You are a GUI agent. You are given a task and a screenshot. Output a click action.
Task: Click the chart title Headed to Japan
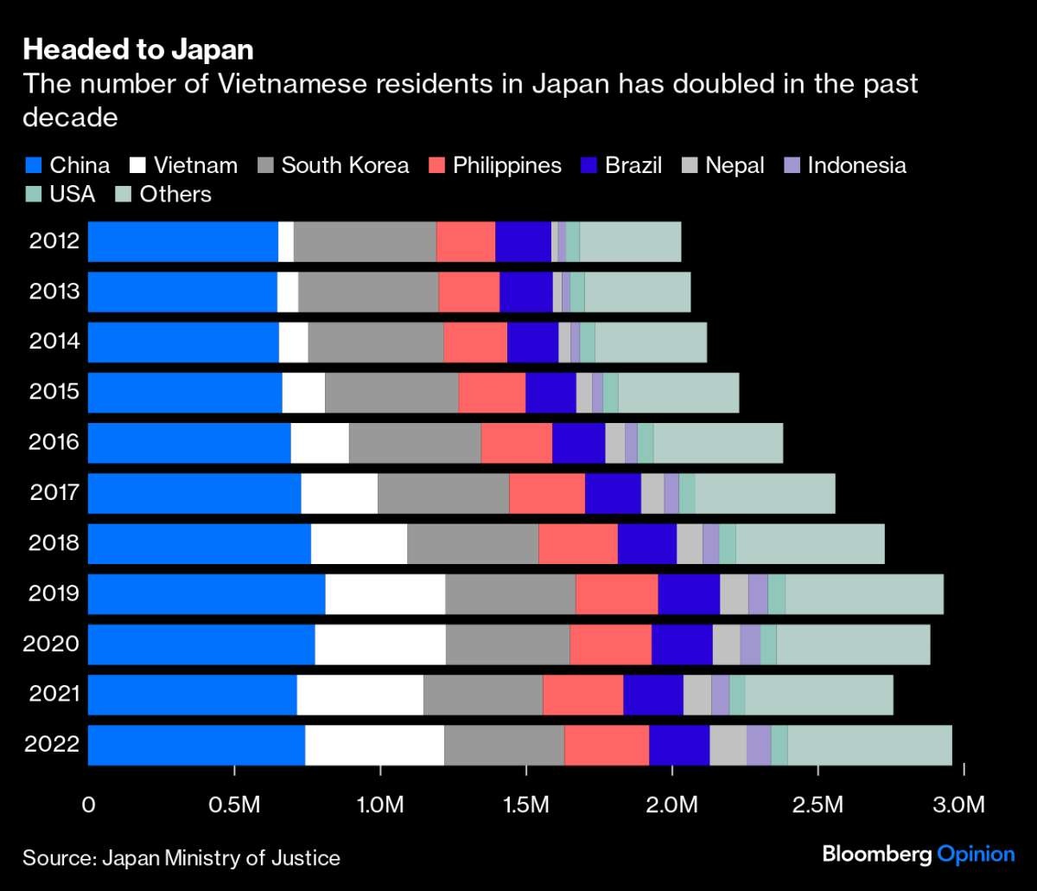pyautogui.click(x=138, y=50)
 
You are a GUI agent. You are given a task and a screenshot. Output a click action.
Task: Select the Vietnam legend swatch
pyautogui.click(x=138, y=165)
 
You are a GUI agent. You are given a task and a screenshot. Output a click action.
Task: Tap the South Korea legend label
pyautogui.click(x=345, y=165)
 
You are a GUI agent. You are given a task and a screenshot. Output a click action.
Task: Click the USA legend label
pyautogui.click(x=73, y=194)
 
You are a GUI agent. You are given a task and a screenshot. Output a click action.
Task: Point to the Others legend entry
pyautogui.click(x=163, y=194)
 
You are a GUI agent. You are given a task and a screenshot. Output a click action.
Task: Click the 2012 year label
pyautogui.click(x=54, y=240)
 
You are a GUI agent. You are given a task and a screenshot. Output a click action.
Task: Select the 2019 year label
pyautogui.click(x=54, y=593)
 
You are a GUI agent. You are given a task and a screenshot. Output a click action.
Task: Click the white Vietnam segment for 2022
pyautogui.click(x=374, y=744)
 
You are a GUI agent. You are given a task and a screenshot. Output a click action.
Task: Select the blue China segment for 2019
pyautogui.click(x=207, y=593)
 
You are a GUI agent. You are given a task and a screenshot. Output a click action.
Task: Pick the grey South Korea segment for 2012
pyautogui.click(x=365, y=240)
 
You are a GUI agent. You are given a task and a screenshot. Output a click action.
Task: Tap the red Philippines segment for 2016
pyautogui.click(x=516, y=442)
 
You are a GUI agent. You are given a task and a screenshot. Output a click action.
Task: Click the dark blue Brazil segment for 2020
pyautogui.click(x=682, y=644)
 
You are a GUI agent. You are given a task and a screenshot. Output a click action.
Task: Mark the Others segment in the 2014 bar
pyautogui.click(x=651, y=342)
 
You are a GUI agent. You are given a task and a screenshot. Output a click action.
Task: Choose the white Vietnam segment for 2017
pyautogui.click(x=339, y=492)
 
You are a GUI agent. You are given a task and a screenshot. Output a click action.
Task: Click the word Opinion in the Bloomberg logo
pyautogui.click(x=977, y=855)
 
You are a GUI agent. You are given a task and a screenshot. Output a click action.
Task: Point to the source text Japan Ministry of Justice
pyautogui.click(x=221, y=858)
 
